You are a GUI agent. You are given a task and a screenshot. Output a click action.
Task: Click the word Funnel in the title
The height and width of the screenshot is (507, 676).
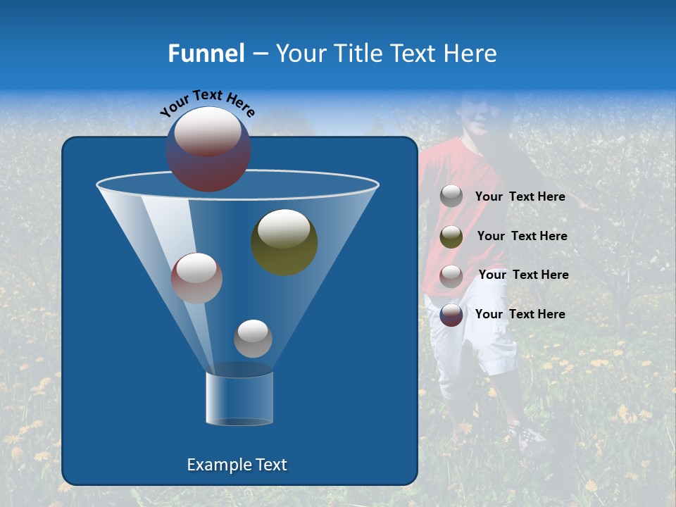(206, 54)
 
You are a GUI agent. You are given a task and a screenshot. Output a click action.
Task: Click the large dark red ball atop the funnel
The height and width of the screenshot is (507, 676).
(208, 149)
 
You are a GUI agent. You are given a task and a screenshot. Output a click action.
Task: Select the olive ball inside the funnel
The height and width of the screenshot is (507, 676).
(284, 242)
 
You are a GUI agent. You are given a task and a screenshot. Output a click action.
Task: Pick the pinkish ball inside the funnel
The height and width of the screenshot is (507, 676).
(196, 277)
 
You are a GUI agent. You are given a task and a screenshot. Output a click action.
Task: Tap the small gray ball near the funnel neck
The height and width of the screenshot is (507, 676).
(253, 338)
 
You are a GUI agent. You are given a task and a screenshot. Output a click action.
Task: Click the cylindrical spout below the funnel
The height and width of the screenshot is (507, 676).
(239, 399)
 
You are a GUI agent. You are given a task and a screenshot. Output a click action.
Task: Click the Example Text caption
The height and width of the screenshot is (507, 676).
(237, 465)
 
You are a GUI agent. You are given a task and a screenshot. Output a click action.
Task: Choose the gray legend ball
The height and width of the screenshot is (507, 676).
(451, 196)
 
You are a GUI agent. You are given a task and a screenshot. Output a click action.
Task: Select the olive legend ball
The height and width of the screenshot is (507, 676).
(451, 237)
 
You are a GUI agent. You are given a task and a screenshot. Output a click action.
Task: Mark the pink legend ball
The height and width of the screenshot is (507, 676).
(451, 275)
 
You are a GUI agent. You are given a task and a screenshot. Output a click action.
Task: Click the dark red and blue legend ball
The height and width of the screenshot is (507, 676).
(451, 315)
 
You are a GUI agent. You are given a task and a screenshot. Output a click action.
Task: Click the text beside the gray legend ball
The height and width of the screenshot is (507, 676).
(520, 197)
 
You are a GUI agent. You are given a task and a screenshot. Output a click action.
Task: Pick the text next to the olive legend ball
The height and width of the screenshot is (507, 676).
(522, 237)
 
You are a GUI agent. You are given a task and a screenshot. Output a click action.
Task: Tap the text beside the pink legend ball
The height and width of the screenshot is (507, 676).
(523, 275)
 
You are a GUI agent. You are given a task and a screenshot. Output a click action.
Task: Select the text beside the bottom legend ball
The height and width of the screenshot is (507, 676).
(520, 315)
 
